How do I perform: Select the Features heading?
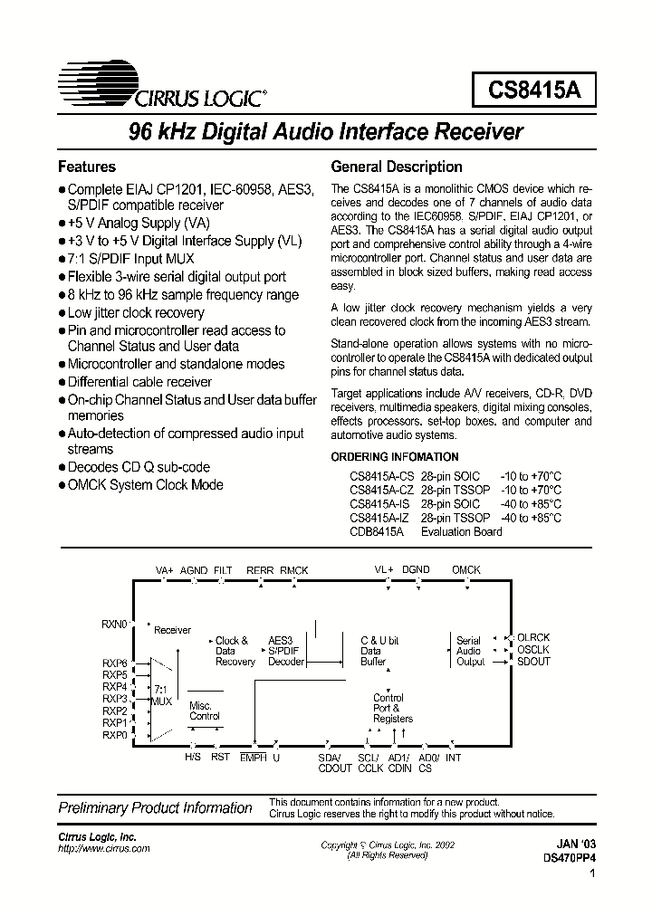(87, 167)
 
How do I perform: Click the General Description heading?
(397, 167)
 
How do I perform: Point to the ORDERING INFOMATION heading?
(395, 457)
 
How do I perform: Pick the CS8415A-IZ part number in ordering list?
(379, 518)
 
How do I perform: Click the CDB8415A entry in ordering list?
(377, 531)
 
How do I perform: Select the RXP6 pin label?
(115, 663)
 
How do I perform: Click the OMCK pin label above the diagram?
(465, 570)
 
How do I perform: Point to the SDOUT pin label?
(532, 662)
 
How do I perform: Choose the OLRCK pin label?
(532, 638)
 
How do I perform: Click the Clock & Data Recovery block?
(235, 651)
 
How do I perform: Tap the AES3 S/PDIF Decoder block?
(286, 651)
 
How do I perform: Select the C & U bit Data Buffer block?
(379, 651)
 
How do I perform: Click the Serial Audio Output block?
(469, 651)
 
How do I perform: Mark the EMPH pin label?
(253, 758)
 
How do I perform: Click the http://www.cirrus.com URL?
(104, 849)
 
